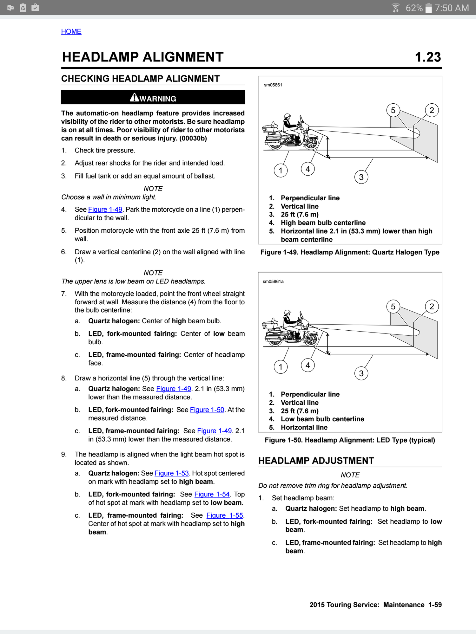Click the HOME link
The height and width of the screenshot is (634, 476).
click(x=71, y=31)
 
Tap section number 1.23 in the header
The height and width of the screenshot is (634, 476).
click(x=428, y=57)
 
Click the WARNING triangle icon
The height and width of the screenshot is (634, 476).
click(x=135, y=97)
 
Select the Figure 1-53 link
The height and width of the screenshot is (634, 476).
click(x=172, y=473)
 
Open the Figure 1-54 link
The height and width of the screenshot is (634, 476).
click(x=212, y=494)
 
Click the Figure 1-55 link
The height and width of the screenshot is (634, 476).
click(x=225, y=515)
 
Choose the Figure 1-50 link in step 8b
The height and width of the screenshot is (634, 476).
click(x=207, y=410)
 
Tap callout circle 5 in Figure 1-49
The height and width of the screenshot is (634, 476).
click(x=393, y=110)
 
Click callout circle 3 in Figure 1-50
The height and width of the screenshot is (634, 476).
click(x=361, y=373)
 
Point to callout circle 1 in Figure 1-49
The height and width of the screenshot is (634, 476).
click(x=281, y=171)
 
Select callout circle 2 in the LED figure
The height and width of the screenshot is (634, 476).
click(x=432, y=307)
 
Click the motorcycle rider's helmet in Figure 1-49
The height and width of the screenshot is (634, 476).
click(x=288, y=116)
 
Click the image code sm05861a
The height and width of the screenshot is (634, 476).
click(x=273, y=281)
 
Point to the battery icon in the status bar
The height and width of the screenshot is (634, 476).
click(x=428, y=8)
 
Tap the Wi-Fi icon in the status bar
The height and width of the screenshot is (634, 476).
click(x=395, y=8)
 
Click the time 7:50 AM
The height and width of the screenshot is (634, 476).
click(x=452, y=8)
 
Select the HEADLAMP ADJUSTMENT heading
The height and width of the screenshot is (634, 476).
click(x=316, y=461)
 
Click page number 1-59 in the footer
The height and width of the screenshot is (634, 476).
click(x=435, y=605)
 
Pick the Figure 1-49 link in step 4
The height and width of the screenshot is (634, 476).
click(x=105, y=210)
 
